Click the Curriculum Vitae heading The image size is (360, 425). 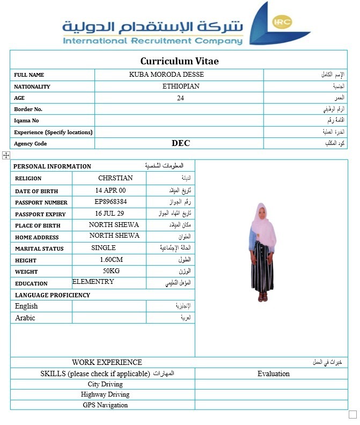click(179, 61)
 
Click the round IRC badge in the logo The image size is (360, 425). click(282, 22)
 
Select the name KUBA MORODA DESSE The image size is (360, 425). click(166, 75)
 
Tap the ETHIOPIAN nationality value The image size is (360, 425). click(181, 86)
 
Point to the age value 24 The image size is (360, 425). click(180, 98)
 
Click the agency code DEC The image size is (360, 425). click(181, 143)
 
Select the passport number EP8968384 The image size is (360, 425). click(111, 202)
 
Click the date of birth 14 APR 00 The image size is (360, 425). click(111, 190)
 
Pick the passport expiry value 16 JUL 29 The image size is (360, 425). click(109, 214)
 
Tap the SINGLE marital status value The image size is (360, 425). click(104, 248)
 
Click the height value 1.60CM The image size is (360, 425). click(112, 260)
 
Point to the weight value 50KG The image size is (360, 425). click(111, 271)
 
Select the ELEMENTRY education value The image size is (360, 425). click(93, 282)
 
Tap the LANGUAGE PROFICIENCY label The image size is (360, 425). click(53, 295)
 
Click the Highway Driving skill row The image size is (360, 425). click(105, 394)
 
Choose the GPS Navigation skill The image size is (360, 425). click(105, 405)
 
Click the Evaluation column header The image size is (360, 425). click(273, 373)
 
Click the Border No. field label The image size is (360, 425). click(28, 109)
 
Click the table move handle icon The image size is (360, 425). click(6, 155)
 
